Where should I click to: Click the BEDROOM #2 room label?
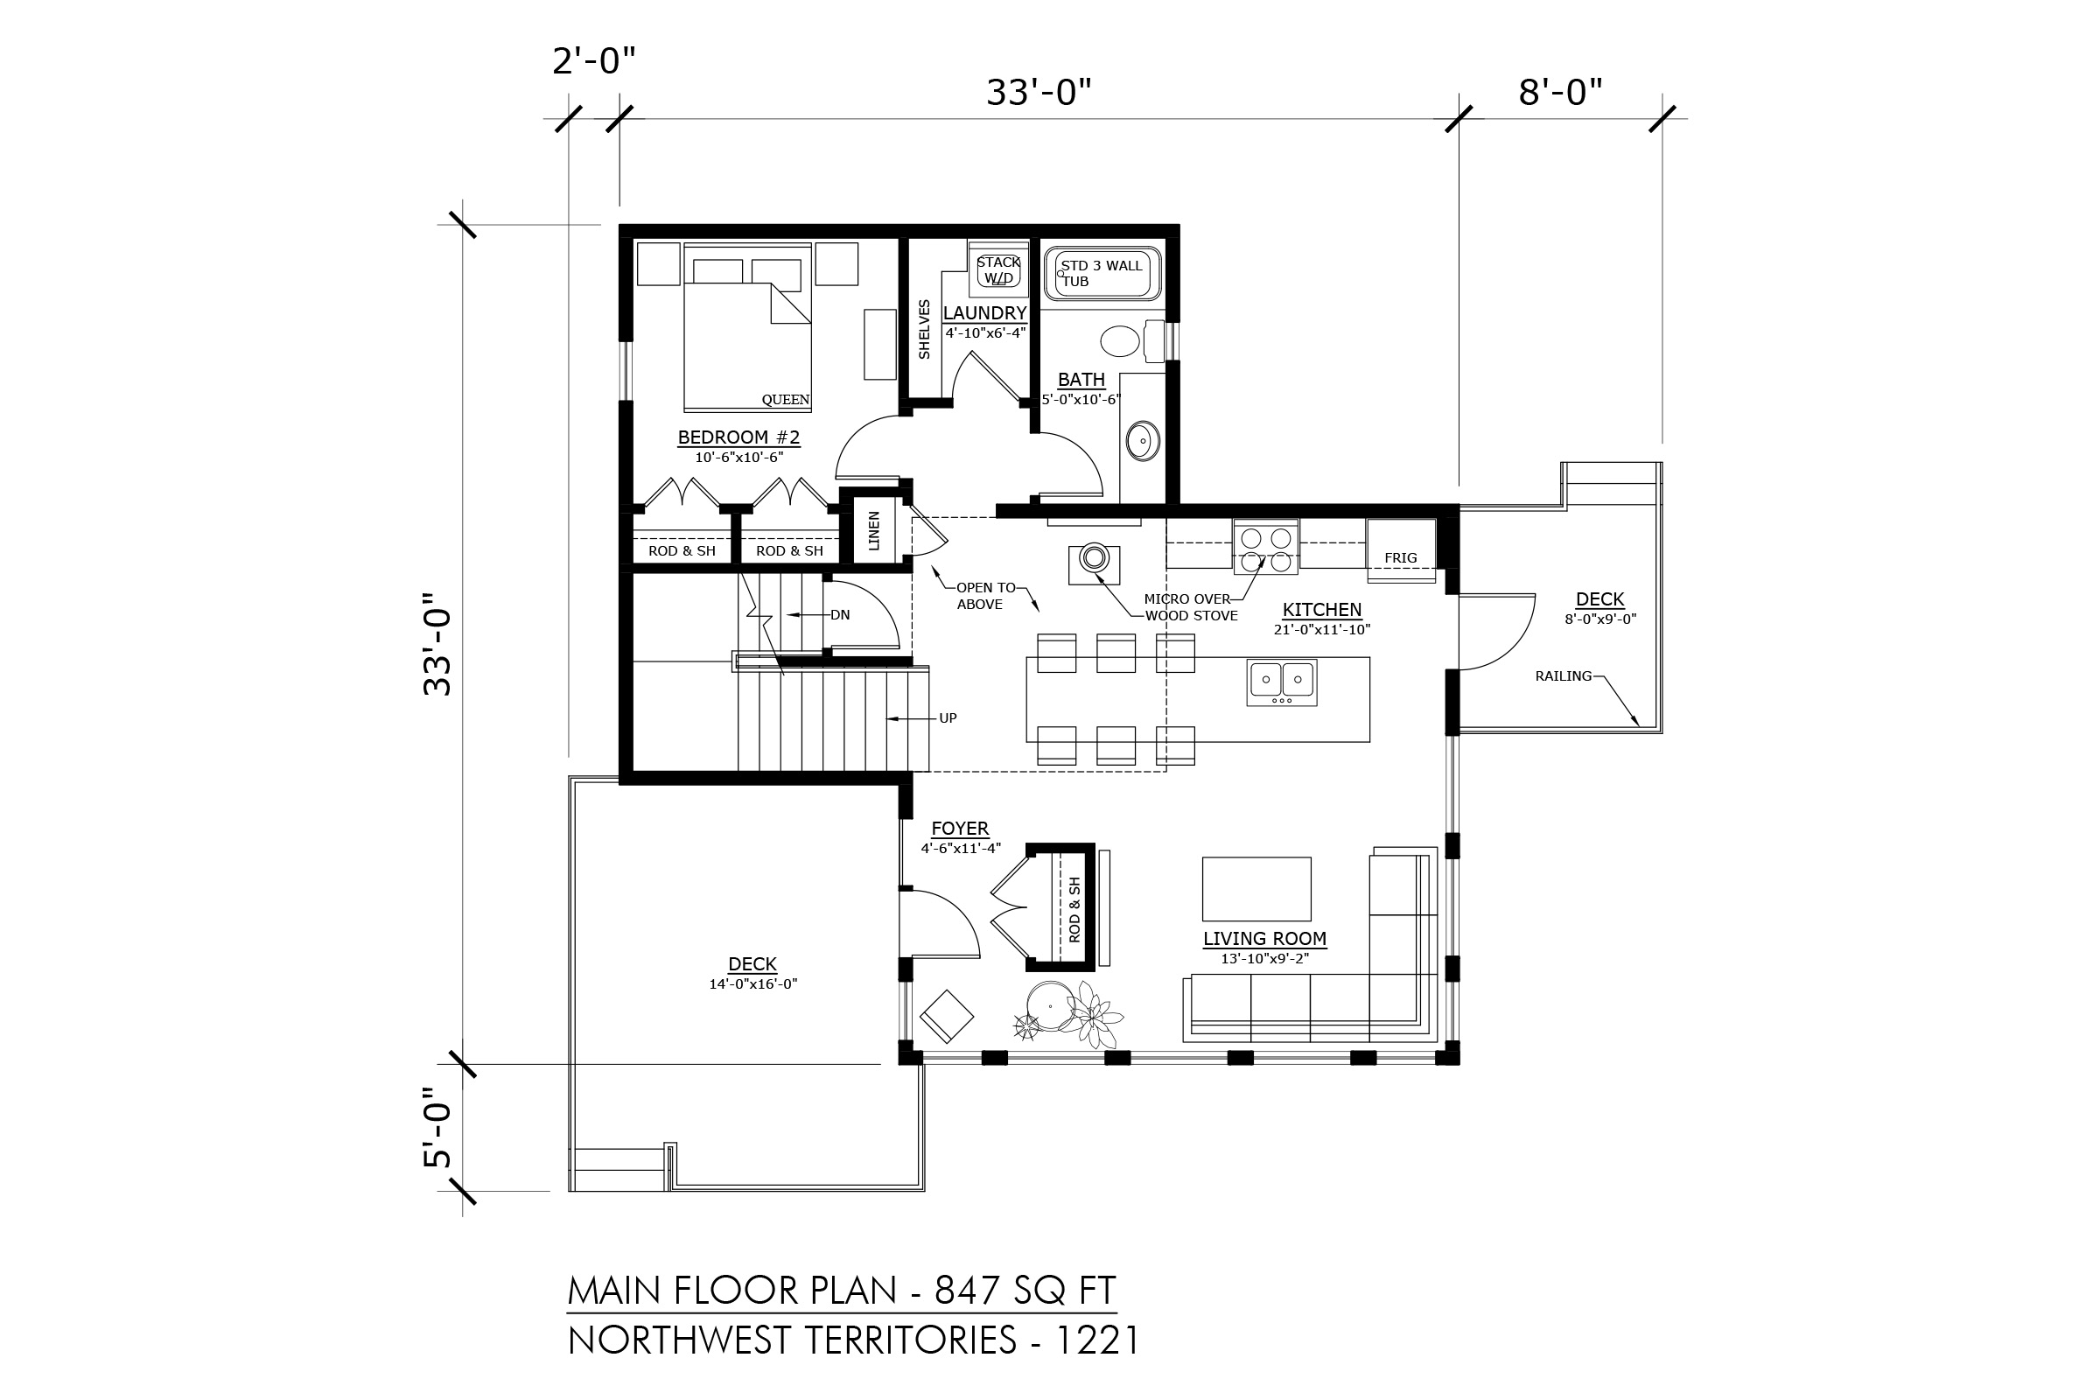[x=738, y=437]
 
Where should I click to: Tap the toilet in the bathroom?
[x=1131, y=340]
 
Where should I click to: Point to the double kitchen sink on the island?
[x=1281, y=682]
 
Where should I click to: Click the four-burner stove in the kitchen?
[x=1266, y=546]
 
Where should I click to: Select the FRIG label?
[x=1400, y=558]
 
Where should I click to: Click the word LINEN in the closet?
[x=874, y=530]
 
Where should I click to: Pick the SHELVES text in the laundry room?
[x=924, y=330]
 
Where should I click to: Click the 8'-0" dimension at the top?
[x=1560, y=92]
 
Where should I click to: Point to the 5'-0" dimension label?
[x=437, y=1128]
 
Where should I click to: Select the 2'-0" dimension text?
[x=594, y=61]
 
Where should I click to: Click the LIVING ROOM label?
[x=1264, y=938]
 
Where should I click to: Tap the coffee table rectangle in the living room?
[x=1256, y=888]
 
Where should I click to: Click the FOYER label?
[x=960, y=829]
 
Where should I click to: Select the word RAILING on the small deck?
[x=1564, y=675]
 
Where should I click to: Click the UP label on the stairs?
[x=948, y=717]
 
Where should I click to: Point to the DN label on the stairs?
[x=839, y=615]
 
